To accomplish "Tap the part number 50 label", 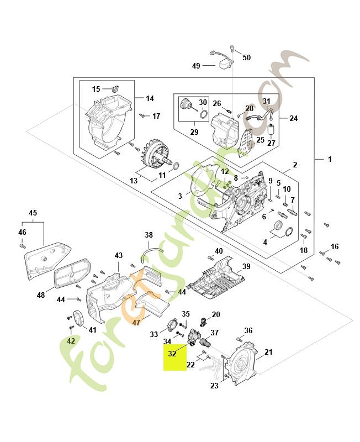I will (246, 57).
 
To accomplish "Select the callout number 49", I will (196, 66).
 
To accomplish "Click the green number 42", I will (71, 341).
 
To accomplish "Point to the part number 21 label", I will (268, 352).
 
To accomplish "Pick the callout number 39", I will (246, 267).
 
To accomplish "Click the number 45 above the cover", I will (33, 213).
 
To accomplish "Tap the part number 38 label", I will (149, 235).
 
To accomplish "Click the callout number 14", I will (150, 98).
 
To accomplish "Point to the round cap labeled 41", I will (77, 318).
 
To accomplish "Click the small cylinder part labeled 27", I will (271, 130).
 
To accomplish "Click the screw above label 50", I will (232, 49).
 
